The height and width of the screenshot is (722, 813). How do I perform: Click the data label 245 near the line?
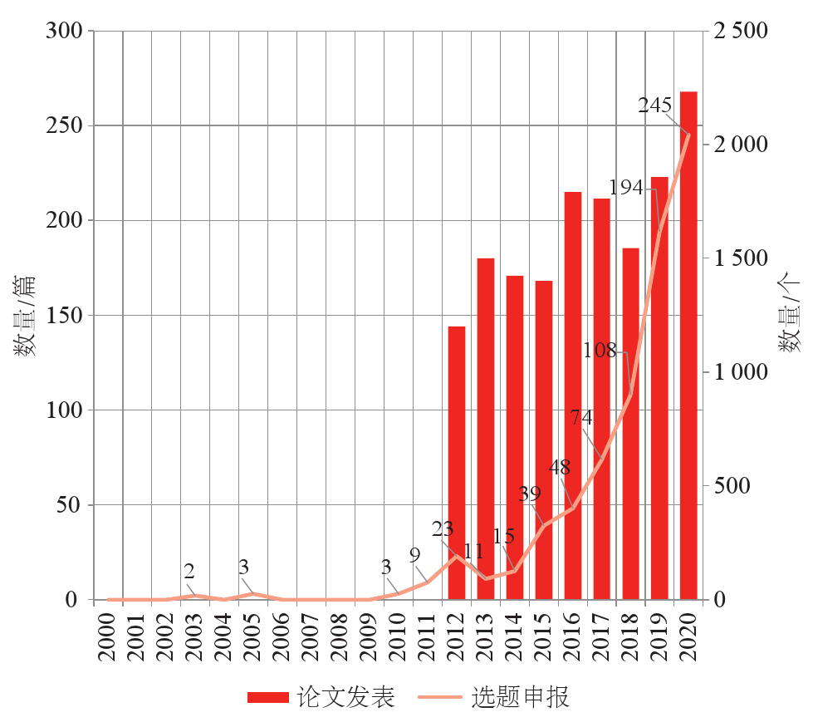click(x=654, y=106)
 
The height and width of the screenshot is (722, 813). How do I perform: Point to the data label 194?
click(x=626, y=188)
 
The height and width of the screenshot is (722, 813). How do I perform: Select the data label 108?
click(x=600, y=351)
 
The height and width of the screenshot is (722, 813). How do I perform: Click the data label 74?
click(x=581, y=418)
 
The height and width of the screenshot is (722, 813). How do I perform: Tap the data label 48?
click(x=559, y=467)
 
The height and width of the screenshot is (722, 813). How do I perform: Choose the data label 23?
click(x=443, y=529)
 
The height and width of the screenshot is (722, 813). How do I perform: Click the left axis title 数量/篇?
click(x=25, y=316)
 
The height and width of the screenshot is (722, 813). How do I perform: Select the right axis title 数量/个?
click(x=790, y=316)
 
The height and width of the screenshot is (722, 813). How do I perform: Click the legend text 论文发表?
click(x=345, y=697)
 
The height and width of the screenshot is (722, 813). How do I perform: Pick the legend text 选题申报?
click(x=521, y=697)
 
